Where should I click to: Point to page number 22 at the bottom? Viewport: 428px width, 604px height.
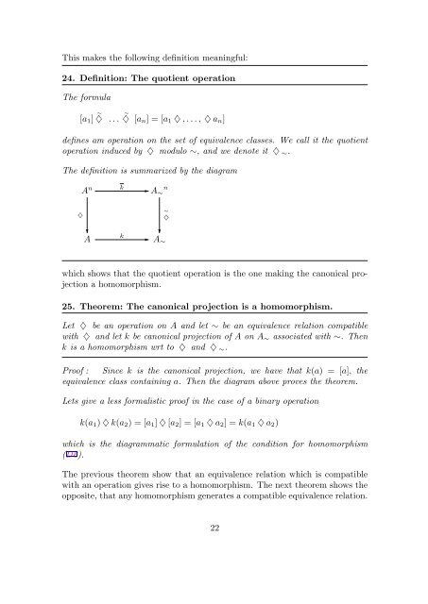[x=214, y=557]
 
